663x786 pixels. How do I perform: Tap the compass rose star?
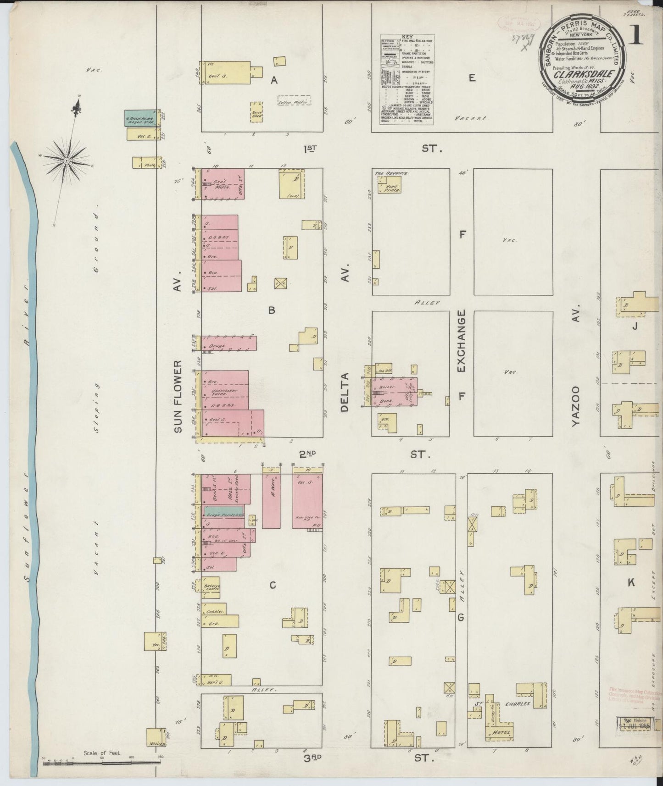(67, 161)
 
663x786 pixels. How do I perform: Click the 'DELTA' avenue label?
(345, 392)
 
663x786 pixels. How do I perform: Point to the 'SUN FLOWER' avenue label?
(178, 396)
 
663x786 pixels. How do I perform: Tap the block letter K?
(631, 582)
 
